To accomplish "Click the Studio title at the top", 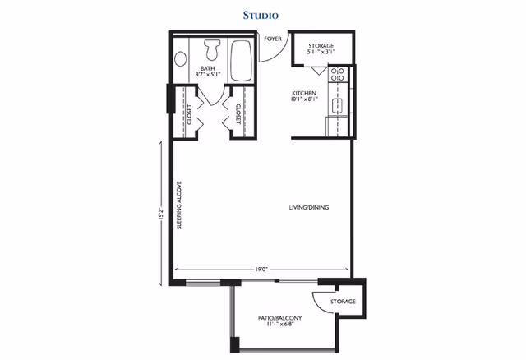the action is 261,16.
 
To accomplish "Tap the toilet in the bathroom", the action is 212,49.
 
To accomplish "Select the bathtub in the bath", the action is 241,61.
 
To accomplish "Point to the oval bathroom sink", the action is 181,59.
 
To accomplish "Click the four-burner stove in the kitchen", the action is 338,75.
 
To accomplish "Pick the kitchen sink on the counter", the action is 338,106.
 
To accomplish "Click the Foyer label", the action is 273,39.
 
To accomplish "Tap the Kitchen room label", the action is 304,93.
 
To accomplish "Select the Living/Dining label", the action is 309,207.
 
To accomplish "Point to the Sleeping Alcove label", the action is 179,205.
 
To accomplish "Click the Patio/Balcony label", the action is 279,318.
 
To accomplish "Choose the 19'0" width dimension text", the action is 261,270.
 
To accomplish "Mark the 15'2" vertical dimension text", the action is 161,214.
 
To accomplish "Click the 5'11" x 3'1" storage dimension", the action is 321,52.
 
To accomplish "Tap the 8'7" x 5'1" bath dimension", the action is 208,74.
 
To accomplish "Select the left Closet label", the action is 190,115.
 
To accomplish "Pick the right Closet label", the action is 238,113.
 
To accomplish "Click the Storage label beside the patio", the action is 343,302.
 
